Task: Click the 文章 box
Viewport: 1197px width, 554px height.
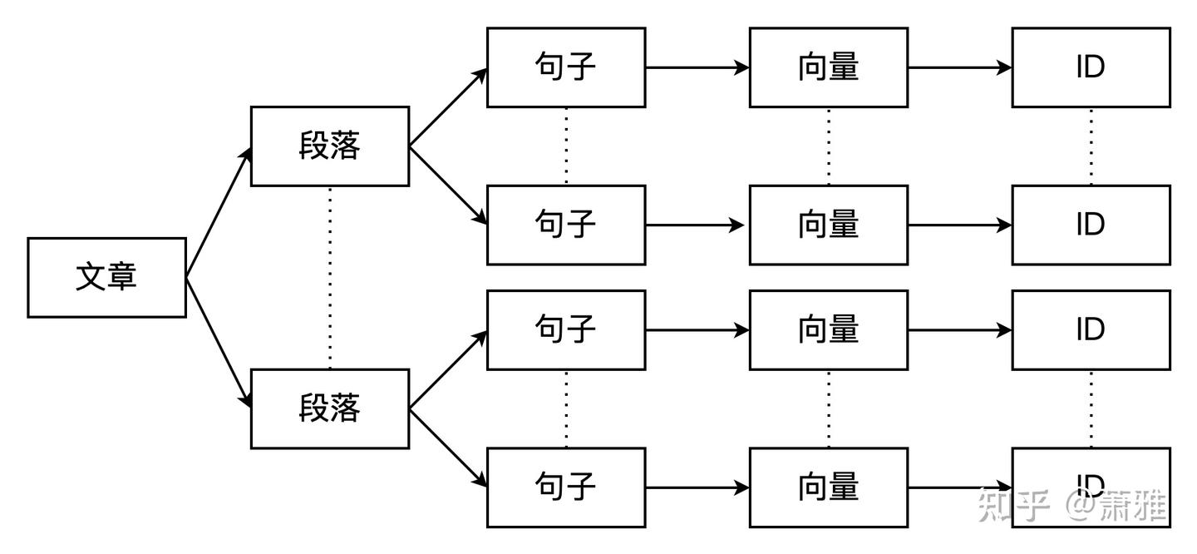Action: click(x=106, y=277)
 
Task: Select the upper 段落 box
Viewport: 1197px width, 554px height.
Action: click(x=329, y=146)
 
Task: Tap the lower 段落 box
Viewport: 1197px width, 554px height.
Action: click(x=329, y=408)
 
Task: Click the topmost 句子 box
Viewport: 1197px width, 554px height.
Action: click(x=565, y=67)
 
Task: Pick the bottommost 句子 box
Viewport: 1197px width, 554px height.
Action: click(x=565, y=487)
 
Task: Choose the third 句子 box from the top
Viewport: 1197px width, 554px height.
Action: click(x=565, y=329)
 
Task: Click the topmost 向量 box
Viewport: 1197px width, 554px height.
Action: click(x=828, y=67)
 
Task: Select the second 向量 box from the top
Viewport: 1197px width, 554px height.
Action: click(x=828, y=225)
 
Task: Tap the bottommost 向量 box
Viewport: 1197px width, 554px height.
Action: click(x=828, y=487)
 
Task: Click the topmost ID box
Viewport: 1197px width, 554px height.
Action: click(x=1090, y=67)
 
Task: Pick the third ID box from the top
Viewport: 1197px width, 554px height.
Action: click(x=1090, y=329)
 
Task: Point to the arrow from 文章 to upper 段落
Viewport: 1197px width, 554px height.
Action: click(x=219, y=212)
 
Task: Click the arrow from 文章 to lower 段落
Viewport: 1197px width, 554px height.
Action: click(x=219, y=342)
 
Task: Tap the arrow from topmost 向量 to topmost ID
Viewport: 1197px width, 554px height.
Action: click(x=959, y=67)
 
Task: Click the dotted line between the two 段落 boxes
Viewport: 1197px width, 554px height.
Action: click(x=330, y=277)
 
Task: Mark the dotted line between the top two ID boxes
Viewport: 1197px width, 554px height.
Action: click(x=1091, y=146)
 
